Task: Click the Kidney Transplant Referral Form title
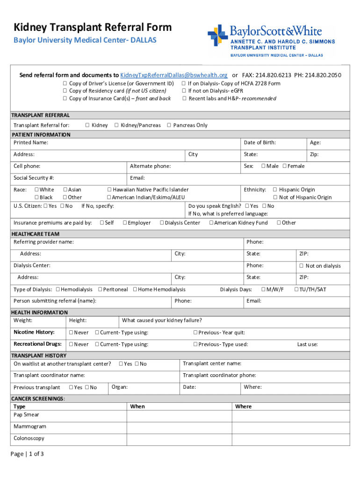93,27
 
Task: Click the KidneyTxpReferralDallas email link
174,75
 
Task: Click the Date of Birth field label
259,143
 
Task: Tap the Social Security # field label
34,178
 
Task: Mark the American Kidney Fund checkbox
211,223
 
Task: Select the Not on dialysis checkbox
301,266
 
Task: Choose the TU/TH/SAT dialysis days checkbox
296,290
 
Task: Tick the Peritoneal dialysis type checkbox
100,290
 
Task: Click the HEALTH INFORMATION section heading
39,312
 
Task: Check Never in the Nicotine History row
71,333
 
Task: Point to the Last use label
307,345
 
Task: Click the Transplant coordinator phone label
219,375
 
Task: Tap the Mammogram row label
30,427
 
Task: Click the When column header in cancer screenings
137,406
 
